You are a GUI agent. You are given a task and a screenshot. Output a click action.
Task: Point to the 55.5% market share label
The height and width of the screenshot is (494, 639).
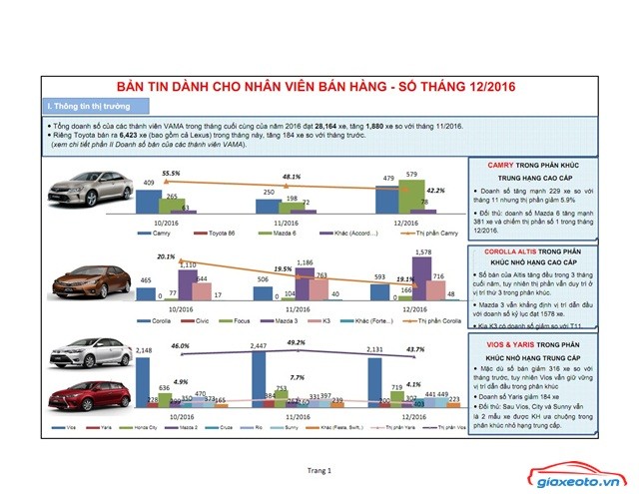(171, 173)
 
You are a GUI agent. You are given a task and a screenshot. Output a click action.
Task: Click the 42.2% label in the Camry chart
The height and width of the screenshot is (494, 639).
(435, 190)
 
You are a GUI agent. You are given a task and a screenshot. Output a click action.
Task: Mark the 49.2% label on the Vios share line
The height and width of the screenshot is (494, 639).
(297, 342)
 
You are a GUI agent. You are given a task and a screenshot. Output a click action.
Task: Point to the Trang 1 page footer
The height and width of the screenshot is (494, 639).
(319, 469)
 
